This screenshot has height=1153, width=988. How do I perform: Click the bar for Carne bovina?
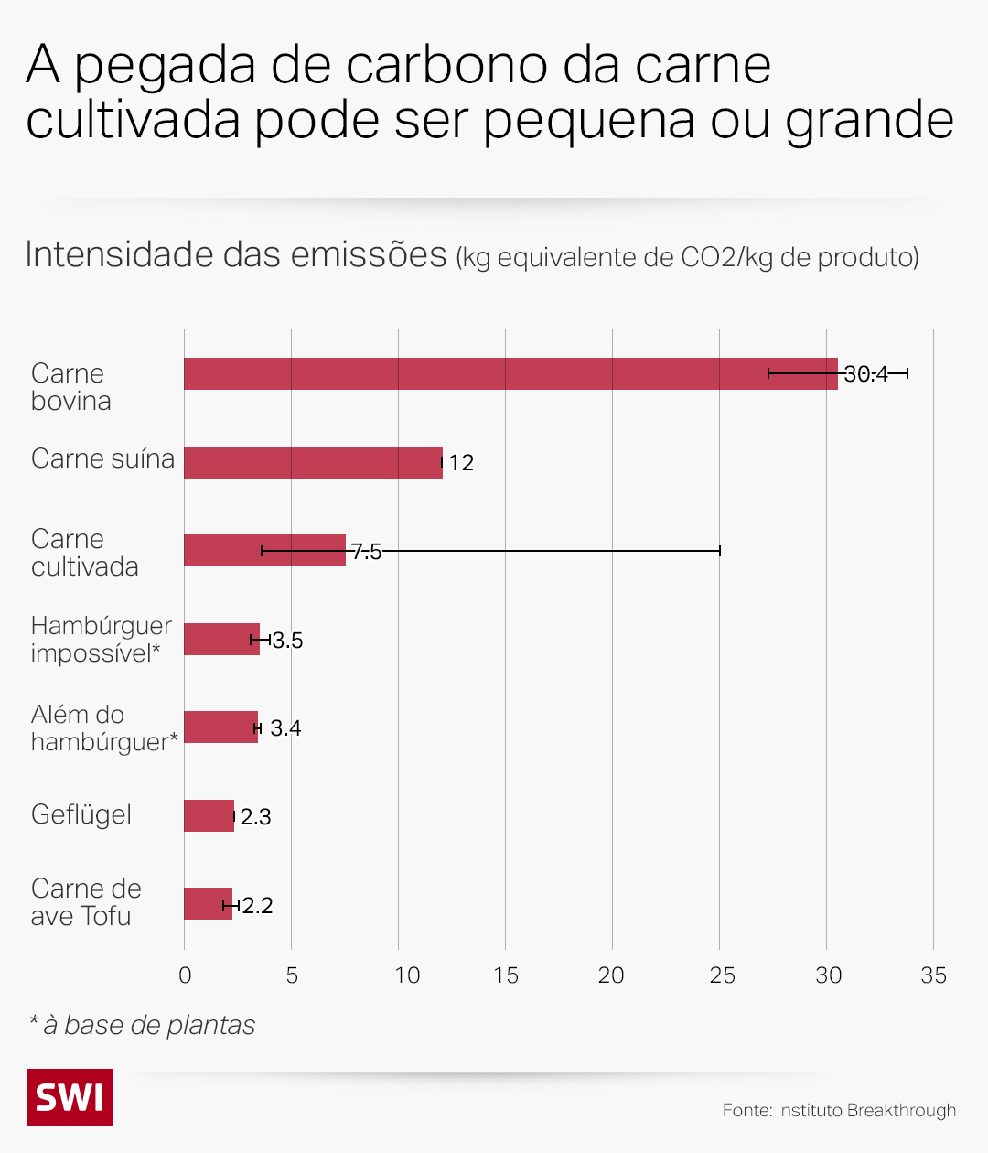(x=510, y=373)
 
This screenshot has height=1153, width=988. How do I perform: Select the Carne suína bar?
(x=313, y=462)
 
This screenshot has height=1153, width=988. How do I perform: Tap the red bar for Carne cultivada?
(x=264, y=550)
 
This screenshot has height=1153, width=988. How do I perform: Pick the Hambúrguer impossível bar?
(x=221, y=639)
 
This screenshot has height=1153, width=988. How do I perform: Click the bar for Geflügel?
(x=209, y=815)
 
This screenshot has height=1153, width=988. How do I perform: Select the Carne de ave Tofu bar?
(x=208, y=903)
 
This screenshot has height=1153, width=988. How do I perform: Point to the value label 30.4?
(x=865, y=374)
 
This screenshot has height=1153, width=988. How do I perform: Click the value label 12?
(x=461, y=463)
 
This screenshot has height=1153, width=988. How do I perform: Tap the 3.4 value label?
(x=285, y=728)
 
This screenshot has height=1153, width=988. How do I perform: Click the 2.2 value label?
(x=257, y=906)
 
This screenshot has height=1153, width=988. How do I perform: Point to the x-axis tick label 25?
(x=722, y=975)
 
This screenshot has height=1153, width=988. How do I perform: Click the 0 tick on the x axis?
(x=185, y=975)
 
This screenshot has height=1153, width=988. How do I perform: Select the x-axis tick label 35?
(x=933, y=975)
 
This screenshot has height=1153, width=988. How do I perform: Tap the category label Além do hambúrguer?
(x=103, y=728)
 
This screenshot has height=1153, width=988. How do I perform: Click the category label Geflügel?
(x=81, y=814)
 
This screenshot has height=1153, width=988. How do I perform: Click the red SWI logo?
(x=70, y=1096)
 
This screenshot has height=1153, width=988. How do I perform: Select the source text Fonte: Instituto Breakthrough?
(x=839, y=1110)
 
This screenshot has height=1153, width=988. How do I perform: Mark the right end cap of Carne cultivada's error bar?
(x=720, y=551)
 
